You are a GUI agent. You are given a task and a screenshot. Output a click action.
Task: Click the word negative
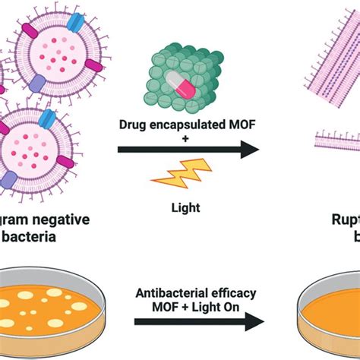tap(63, 220)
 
